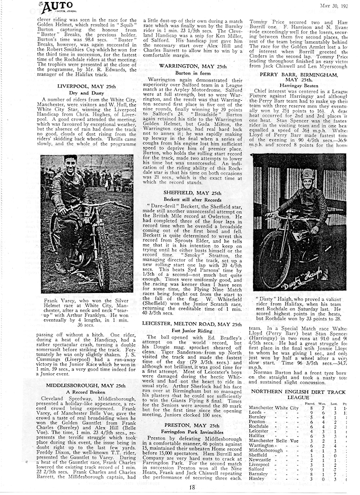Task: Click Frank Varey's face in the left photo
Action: (x=70, y=163)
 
